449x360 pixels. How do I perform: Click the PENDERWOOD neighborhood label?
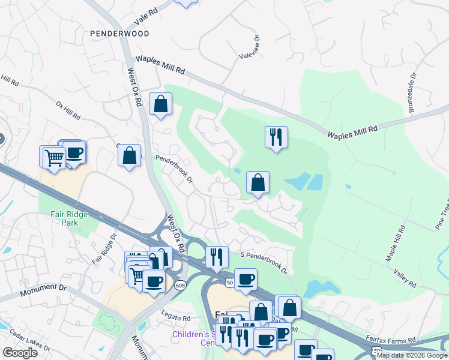119,34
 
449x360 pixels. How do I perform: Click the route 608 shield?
181,286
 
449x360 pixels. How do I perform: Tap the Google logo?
19,353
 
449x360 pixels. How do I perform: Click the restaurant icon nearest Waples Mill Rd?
276,137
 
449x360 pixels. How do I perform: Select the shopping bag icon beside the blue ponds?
258,183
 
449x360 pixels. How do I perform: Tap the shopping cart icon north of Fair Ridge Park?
53,157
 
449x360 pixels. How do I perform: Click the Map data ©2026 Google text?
412,355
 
